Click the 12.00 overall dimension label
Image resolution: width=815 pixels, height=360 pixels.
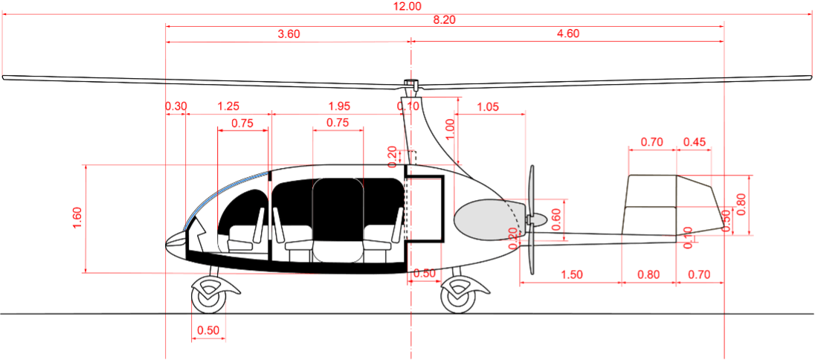coord(407,6)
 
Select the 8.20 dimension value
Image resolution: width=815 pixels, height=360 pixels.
coord(444,20)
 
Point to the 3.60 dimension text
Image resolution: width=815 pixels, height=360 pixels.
coord(289,34)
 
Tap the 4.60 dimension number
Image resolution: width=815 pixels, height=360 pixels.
coord(567,34)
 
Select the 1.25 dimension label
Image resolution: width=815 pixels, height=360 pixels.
coord(228,106)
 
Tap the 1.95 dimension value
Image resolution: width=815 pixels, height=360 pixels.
coord(339,106)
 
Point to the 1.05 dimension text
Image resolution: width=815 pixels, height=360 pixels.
coord(487,107)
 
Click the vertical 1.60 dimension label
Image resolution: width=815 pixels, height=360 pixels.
coord(77,219)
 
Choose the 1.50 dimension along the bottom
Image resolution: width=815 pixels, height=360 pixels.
coord(571,274)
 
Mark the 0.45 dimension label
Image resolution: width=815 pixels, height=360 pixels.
coord(695,142)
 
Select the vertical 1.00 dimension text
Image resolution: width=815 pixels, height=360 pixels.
coord(449,129)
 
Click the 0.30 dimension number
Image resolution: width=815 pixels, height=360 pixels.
coord(176,106)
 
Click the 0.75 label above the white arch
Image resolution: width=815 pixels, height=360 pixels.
coord(338,123)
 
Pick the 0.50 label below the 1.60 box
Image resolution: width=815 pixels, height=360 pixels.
coord(209,331)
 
